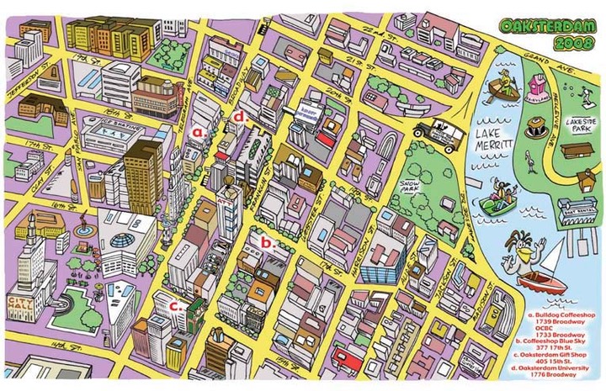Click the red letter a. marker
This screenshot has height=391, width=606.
199,132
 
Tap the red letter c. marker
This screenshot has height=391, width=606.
176,306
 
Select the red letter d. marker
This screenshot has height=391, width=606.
239,118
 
